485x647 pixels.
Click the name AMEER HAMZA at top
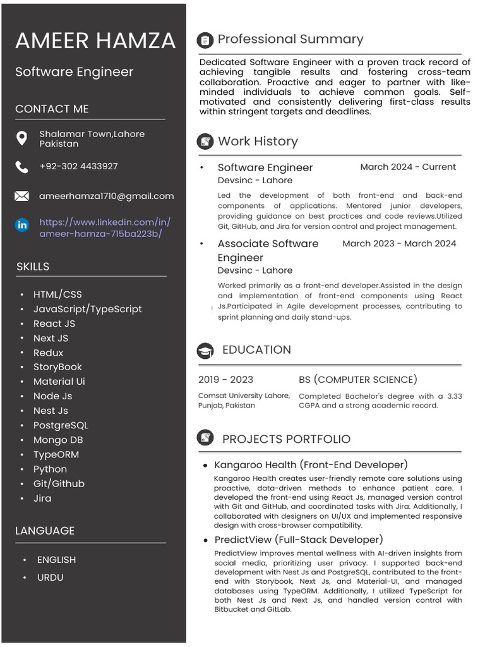[x=95, y=41]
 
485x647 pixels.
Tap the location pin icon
[x=21, y=138]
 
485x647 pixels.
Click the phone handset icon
[x=21, y=167]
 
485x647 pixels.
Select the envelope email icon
[x=21, y=197]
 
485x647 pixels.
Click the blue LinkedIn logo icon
[x=22, y=225]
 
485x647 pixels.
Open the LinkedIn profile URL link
[x=104, y=228]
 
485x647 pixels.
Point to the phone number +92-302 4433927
[x=78, y=166]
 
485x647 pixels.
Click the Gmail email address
[x=106, y=196]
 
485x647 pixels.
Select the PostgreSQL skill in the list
[x=61, y=425]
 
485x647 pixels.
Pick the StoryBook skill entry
[x=57, y=367]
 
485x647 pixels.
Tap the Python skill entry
[x=50, y=469]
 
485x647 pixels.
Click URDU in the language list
[x=50, y=577]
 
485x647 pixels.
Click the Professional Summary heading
[x=290, y=39]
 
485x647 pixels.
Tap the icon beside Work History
[x=205, y=142]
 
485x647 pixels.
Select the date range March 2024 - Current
[x=407, y=167]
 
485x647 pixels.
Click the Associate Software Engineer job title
[x=268, y=250]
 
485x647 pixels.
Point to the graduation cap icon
[x=205, y=351]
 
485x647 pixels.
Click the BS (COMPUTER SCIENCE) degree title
[x=357, y=379]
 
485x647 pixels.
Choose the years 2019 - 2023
[x=225, y=379]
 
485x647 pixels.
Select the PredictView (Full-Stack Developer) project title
[x=298, y=540]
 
